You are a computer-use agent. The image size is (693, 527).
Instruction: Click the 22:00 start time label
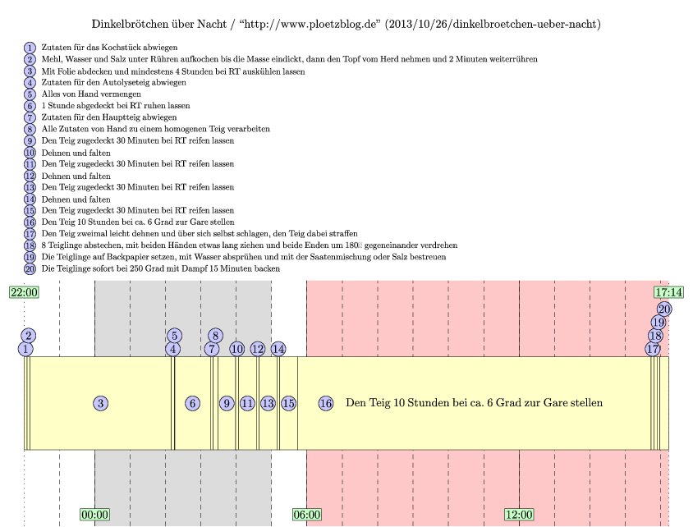(24, 292)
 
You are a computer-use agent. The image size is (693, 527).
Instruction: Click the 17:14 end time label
(669, 292)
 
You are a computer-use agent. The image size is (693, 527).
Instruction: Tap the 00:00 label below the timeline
(95, 515)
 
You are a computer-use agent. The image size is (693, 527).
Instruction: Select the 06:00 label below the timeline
(307, 515)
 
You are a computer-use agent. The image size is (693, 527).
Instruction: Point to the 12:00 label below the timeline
(519, 515)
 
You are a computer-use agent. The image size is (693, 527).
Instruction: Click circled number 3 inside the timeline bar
(100, 403)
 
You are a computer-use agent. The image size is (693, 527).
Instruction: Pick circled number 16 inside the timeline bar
(326, 403)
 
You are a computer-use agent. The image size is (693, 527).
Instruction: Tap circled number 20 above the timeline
(664, 309)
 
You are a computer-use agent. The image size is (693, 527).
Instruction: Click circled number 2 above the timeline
(29, 335)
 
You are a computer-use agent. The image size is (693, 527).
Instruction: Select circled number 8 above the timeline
(215, 335)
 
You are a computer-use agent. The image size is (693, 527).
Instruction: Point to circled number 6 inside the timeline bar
(192, 403)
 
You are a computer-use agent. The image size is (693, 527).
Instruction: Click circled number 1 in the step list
(30, 48)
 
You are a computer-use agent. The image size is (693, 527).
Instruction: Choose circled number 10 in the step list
(30, 153)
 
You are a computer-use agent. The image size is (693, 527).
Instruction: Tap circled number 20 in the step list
(30, 268)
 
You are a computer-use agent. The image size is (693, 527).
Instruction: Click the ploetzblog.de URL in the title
(317, 25)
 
